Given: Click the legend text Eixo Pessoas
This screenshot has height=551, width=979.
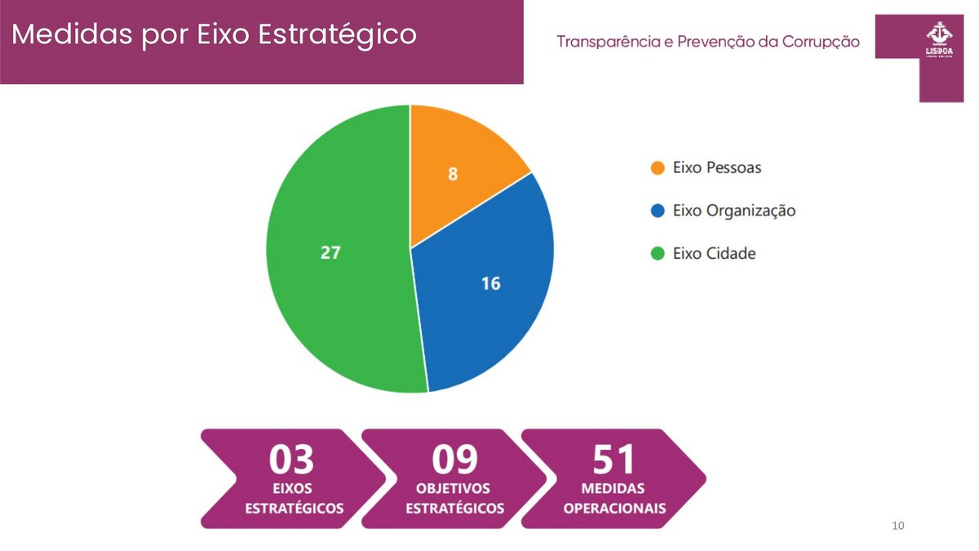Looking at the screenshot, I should pyautogui.click(x=717, y=167).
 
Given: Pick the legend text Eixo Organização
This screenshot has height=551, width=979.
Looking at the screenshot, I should pyautogui.click(x=733, y=211).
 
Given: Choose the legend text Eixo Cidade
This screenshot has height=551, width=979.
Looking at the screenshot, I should pyautogui.click(x=714, y=253).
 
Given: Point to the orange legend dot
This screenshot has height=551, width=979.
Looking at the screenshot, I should pyautogui.click(x=657, y=167).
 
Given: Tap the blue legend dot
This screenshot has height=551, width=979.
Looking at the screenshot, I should pyautogui.click(x=657, y=211).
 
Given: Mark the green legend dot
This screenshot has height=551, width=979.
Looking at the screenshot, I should pyautogui.click(x=657, y=253).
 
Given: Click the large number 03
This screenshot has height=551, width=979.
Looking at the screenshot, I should pyautogui.click(x=292, y=460).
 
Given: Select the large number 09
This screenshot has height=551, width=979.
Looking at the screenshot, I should pyautogui.click(x=454, y=460).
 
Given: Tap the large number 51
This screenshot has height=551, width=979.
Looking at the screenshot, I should pyautogui.click(x=614, y=460).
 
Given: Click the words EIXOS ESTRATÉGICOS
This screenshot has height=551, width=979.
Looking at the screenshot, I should pyautogui.click(x=294, y=498).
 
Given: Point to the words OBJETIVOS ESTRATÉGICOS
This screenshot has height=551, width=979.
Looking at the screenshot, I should pyautogui.click(x=454, y=498).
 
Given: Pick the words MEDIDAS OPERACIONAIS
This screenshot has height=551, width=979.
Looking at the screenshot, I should pyautogui.click(x=614, y=498).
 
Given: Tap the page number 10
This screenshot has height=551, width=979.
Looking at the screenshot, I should pyautogui.click(x=898, y=525).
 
